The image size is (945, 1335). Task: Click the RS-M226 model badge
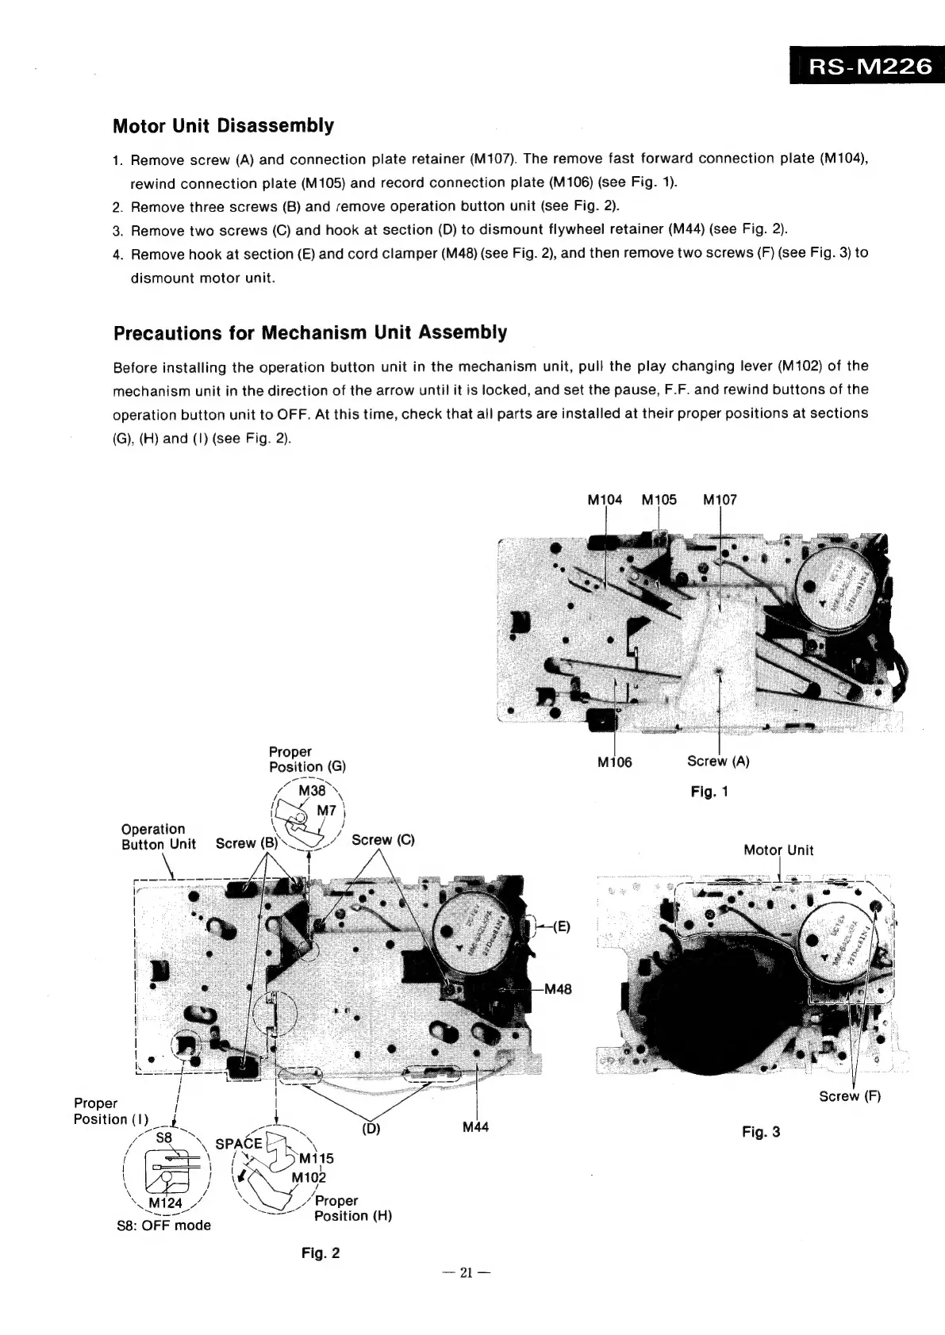[867, 67]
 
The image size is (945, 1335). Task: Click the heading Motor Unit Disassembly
[223, 126]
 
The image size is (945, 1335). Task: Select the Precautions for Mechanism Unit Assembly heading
[309, 332]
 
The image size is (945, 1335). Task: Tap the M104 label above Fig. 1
[605, 500]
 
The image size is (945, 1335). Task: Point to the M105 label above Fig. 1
[659, 500]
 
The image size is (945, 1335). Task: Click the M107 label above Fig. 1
[720, 500]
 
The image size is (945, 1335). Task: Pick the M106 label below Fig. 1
[614, 762]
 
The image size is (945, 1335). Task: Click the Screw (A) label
[718, 761]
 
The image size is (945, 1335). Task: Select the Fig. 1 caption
[709, 792]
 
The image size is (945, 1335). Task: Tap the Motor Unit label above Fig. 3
[778, 850]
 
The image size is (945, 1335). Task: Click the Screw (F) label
[850, 1096]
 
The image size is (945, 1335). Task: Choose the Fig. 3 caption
[761, 1132]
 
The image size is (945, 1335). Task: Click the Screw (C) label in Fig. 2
[382, 840]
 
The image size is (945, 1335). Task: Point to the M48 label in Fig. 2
[558, 989]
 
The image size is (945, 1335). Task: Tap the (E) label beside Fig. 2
[561, 926]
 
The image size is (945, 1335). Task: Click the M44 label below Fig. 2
[475, 1126]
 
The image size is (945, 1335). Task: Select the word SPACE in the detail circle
[239, 1144]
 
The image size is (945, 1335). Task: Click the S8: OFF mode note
[163, 1226]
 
